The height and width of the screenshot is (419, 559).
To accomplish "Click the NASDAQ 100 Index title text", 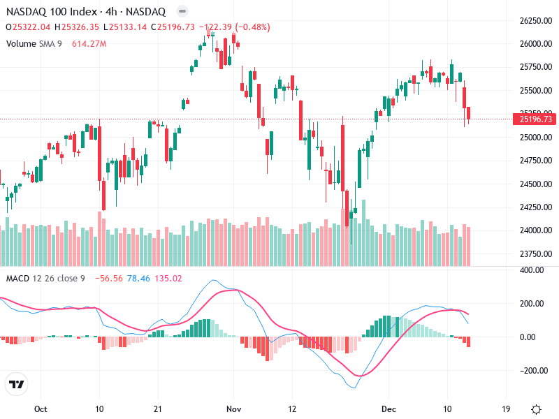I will [x=52, y=12].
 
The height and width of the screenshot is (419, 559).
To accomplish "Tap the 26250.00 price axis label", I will [x=536, y=21].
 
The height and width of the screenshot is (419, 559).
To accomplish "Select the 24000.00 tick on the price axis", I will [x=536, y=230].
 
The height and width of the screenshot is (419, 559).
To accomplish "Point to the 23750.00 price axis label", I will [x=536, y=253].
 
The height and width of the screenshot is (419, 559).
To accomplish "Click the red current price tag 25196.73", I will [x=536, y=119].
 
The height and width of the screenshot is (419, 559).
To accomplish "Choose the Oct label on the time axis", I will [x=41, y=409].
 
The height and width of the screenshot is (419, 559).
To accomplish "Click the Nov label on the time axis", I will [x=234, y=409].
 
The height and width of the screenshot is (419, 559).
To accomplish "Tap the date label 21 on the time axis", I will [x=158, y=409].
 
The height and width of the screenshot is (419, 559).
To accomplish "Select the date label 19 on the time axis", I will [x=505, y=409].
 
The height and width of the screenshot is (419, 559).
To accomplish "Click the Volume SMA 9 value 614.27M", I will [x=89, y=44].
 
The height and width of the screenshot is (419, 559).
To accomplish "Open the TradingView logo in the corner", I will [x=16, y=385].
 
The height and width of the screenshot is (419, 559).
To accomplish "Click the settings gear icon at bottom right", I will [x=536, y=409].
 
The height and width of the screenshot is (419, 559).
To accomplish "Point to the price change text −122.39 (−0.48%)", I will [x=234, y=27].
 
